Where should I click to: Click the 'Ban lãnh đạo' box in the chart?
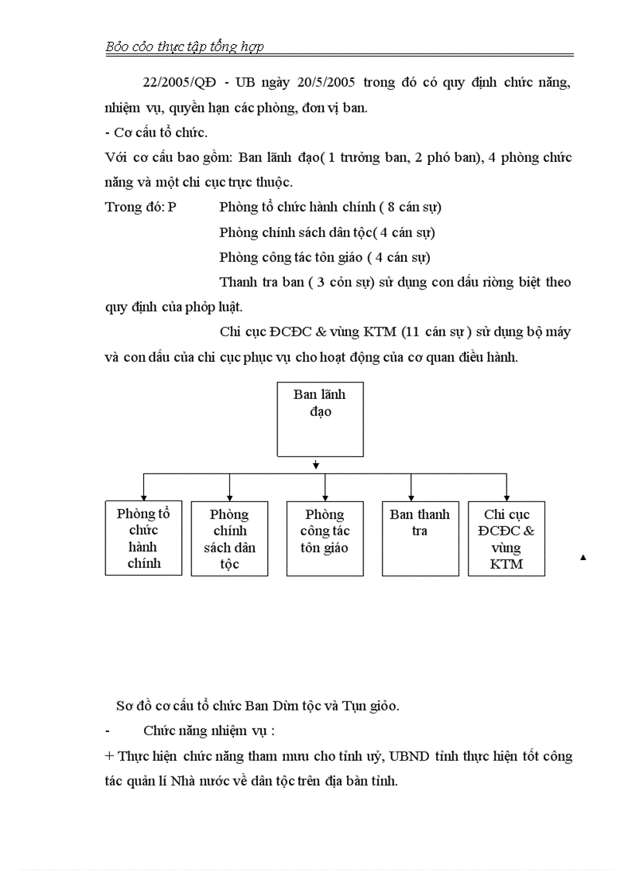click(x=320, y=419)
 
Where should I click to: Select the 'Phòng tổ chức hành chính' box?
click(x=143, y=538)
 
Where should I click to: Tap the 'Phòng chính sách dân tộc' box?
click(x=229, y=538)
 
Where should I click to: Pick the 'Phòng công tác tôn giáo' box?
click(x=325, y=538)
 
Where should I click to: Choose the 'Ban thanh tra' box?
click(x=420, y=538)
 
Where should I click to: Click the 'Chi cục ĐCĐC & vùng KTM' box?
click(x=507, y=538)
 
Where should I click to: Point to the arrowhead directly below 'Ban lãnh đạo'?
click(x=317, y=466)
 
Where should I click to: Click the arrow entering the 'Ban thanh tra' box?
click(x=411, y=497)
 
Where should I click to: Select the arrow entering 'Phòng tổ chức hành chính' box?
click(x=143, y=497)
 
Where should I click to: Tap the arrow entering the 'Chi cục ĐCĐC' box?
click(x=507, y=497)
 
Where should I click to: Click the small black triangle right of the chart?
click(x=583, y=557)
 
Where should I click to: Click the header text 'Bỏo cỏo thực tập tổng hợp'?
click(x=184, y=46)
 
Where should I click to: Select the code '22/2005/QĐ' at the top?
click(x=179, y=83)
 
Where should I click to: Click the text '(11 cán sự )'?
click(x=436, y=332)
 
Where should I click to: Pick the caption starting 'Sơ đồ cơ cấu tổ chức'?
click(x=257, y=706)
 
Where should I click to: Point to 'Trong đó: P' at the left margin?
click(x=140, y=207)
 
